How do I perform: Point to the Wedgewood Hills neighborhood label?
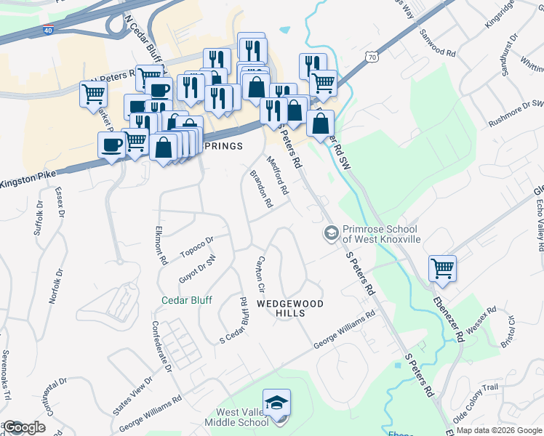click(289, 307)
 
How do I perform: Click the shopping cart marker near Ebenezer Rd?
click(442, 268)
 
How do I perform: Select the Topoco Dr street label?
click(197, 246)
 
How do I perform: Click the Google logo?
click(23, 427)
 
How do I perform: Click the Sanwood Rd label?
click(436, 43)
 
